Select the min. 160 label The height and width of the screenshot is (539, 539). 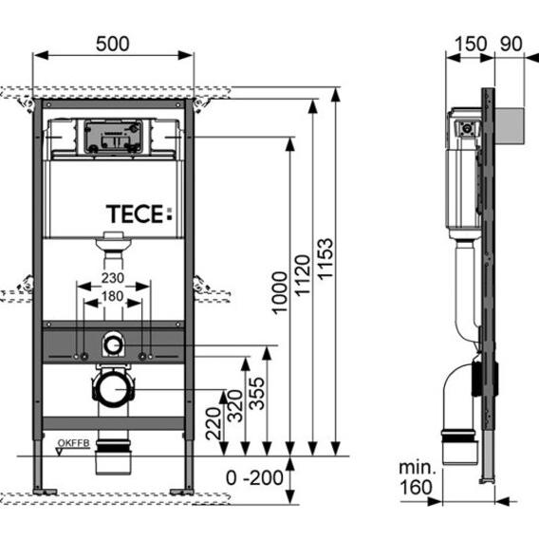[417, 478]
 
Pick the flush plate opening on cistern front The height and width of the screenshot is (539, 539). [112, 135]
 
